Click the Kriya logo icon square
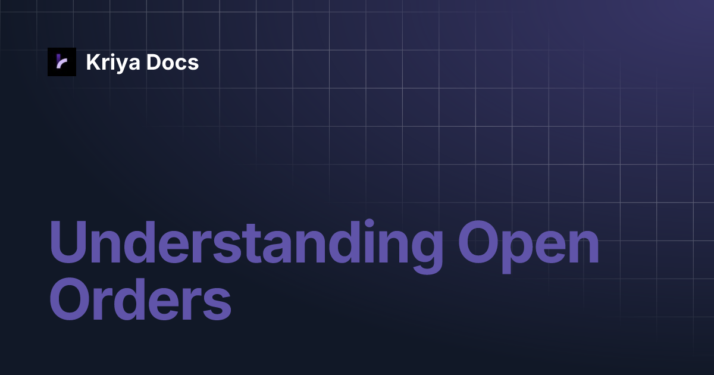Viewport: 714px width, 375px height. click(x=62, y=62)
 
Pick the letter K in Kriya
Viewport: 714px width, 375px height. click(x=92, y=62)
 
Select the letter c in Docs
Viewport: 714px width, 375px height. click(x=181, y=64)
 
